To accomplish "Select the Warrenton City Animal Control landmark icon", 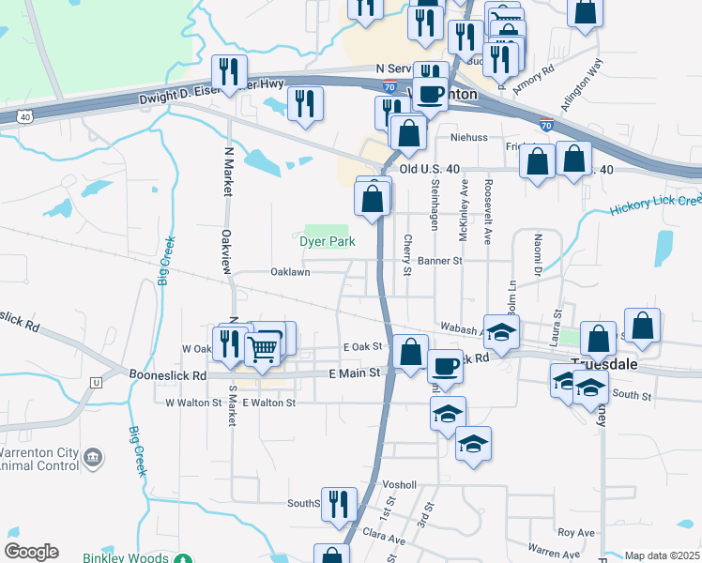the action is coord(92,457).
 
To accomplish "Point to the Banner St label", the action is coord(441,261).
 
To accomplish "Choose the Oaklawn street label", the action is coord(290,272).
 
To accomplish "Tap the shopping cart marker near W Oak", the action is coord(264,348).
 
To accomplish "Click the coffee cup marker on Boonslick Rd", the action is coord(446,364).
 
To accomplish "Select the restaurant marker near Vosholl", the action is coord(339,505).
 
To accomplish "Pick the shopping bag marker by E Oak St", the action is coord(410,353).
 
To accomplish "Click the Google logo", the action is coord(31,552).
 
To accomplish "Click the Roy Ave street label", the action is coord(576,532).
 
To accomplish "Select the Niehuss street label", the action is coord(469,137).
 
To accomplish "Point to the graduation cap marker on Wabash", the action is coord(501,332).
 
